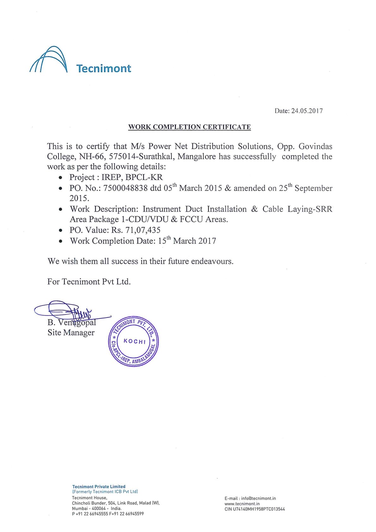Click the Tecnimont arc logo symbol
coord(49,60)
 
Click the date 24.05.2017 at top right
coord(307,111)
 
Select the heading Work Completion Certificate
coord(189,127)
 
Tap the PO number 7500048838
coord(125,188)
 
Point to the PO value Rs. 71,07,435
coord(136,230)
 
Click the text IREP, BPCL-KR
coord(132,177)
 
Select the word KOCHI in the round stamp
coord(135,341)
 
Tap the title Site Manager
coord(71,333)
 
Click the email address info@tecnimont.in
coord(258,498)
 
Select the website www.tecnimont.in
coord(242,504)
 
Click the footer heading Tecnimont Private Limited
coord(99,487)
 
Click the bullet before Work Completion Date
coord(60,241)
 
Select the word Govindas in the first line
coord(315,146)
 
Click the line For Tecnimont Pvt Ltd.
coord(89,282)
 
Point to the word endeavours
coord(212,261)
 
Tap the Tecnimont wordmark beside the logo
coord(104,69)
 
